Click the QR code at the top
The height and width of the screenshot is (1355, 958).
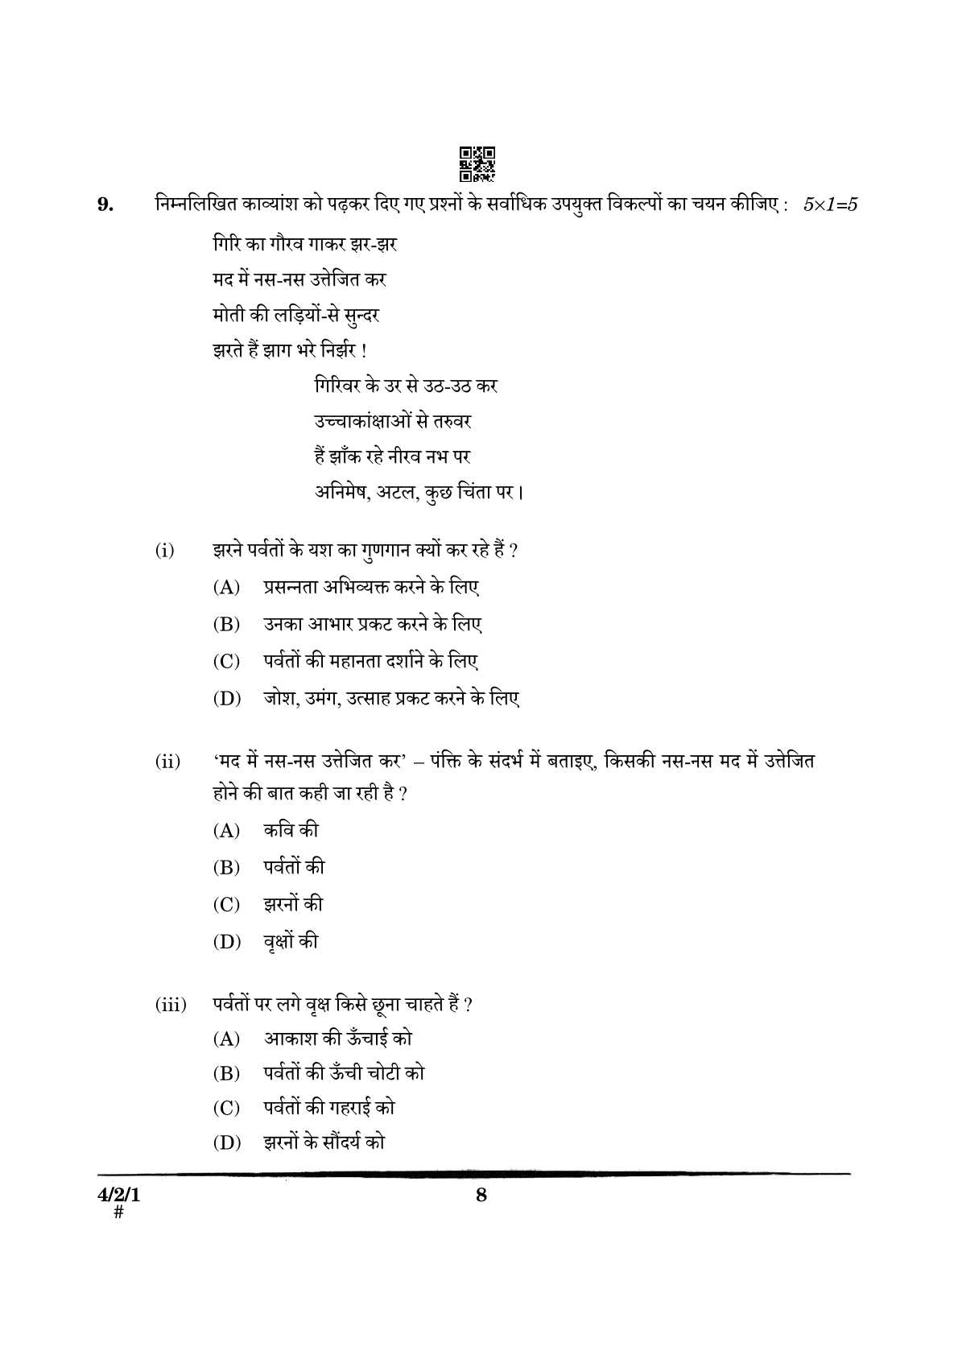(x=477, y=163)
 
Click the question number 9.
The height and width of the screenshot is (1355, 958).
(x=105, y=204)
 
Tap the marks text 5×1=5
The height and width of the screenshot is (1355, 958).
(x=830, y=204)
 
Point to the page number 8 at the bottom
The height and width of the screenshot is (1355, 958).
(x=481, y=1195)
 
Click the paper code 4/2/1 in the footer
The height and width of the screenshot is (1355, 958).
(x=118, y=1196)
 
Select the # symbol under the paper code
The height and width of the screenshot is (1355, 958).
(x=118, y=1212)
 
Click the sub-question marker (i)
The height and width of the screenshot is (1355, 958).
(x=165, y=551)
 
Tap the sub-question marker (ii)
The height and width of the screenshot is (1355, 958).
(x=167, y=761)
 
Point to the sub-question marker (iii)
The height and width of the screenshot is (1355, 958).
(x=171, y=1004)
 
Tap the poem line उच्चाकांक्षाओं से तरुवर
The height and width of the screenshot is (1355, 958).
(x=392, y=421)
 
